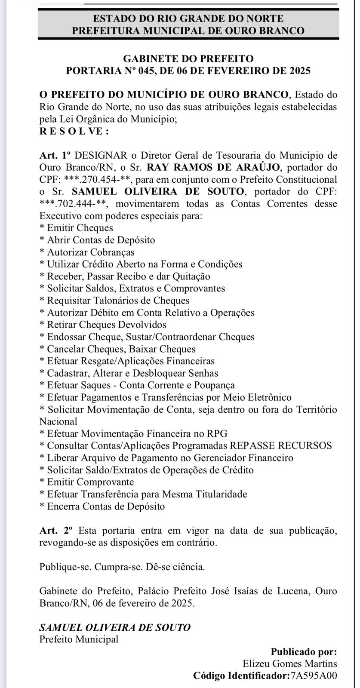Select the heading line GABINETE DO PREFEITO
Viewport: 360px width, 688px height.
click(x=188, y=59)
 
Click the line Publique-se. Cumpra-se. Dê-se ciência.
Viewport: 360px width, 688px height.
click(x=122, y=567)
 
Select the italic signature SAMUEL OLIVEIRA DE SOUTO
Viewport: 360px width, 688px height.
click(x=114, y=627)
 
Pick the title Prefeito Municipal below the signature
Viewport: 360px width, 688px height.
click(x=79, y=639)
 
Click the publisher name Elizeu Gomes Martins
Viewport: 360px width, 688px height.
click(x=290, y=664)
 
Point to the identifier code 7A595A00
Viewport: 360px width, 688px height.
click(x=314, y=676)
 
